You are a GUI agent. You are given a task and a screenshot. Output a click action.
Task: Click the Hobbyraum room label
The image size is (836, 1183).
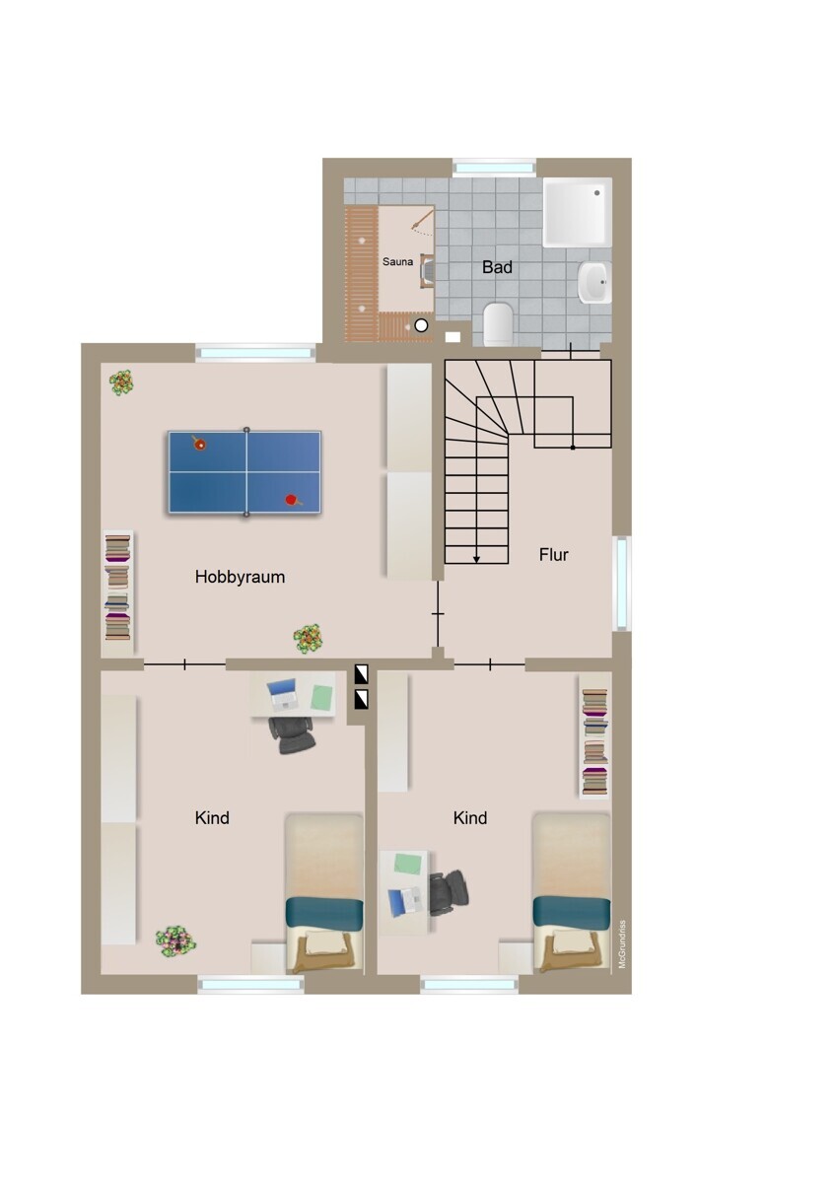(x=240, y=577)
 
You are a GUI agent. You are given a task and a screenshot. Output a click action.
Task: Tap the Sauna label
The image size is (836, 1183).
(x=397, y=261)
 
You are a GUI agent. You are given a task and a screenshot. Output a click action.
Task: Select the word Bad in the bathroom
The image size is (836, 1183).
(x=497, y=267)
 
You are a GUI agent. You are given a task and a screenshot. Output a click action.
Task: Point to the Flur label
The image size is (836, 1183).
(x=553, y=554)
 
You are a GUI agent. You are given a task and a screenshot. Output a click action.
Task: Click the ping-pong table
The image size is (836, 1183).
(x=244, y=472)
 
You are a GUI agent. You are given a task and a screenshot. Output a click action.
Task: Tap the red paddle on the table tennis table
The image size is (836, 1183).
(x=293, y=500)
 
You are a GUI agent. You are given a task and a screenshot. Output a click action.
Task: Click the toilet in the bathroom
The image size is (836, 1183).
(x=498, y=324)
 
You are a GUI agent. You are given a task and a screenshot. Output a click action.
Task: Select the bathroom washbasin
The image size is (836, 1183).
(x=594, y=282)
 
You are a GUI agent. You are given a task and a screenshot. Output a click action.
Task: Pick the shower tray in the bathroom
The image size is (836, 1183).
(x=578, y=212)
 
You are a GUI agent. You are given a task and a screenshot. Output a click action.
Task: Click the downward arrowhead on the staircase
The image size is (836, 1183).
(x=476, y=559)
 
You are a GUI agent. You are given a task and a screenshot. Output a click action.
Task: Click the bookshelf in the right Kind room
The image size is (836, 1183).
(x=594, y=742)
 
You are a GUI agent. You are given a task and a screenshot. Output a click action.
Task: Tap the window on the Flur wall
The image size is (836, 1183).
(x=623, y=583)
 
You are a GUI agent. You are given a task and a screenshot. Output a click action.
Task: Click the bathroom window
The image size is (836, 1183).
(x=494, y=168)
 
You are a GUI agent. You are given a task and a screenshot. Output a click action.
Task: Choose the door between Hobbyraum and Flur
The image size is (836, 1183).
(x=438, y=613)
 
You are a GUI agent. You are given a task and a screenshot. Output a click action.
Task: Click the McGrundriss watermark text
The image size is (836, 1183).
(x=622, y=944)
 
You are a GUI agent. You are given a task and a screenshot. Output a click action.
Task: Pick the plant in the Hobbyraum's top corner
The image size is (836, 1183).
(x=121, y=383)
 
